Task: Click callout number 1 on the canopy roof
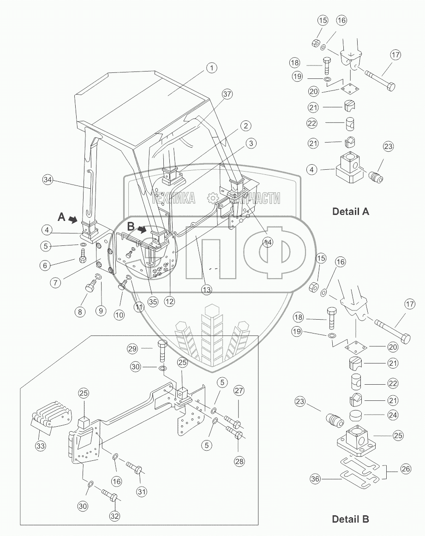coord(211,68)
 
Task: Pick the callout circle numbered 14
coord(268,241)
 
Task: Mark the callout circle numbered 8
coord(80,312)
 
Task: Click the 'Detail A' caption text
coord(351,212)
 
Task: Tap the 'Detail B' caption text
coord(351,519)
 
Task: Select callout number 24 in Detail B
coord(393,415)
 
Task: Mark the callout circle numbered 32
coord(114,515)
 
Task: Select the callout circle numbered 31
coord(141,491)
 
